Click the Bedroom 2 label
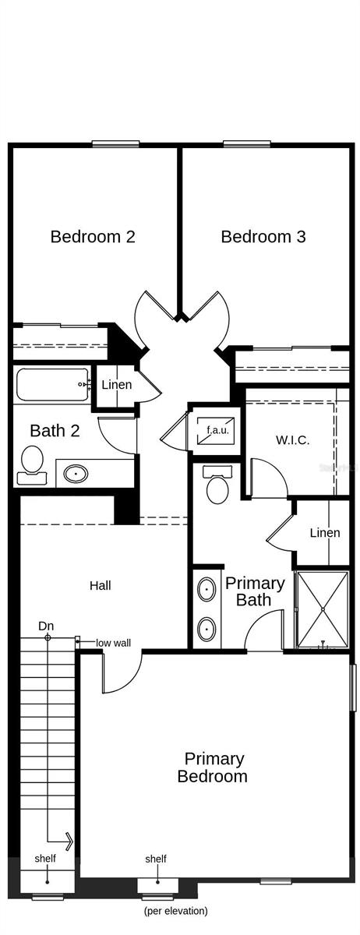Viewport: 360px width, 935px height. (x=93, y=236)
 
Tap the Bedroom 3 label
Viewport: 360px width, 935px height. (x=263, y=236)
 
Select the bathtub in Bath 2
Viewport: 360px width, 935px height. (x=51, y=384)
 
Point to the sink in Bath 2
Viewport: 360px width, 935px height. (x=76, y=472)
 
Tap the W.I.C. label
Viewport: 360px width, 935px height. (x=292, y=440)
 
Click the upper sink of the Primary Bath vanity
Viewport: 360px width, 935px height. (x=206, y=590)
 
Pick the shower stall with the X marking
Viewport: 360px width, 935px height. (x=321, y=609)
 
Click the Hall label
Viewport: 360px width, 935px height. (x=100, y=585)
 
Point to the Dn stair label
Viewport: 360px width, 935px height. (x=46, y=626)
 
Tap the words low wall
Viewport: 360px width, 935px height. (x=115, y=643)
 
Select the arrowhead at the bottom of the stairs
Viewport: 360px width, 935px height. (x=69, y=841)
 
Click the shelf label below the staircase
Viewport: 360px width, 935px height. (x=45, y=859)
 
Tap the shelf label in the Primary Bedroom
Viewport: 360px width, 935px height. (x=156, y=859)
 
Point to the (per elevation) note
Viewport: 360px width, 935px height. (x=175, y=910)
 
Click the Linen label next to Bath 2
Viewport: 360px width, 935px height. (x=117, y=385)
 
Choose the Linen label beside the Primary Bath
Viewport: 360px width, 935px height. (x=325, y=533)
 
